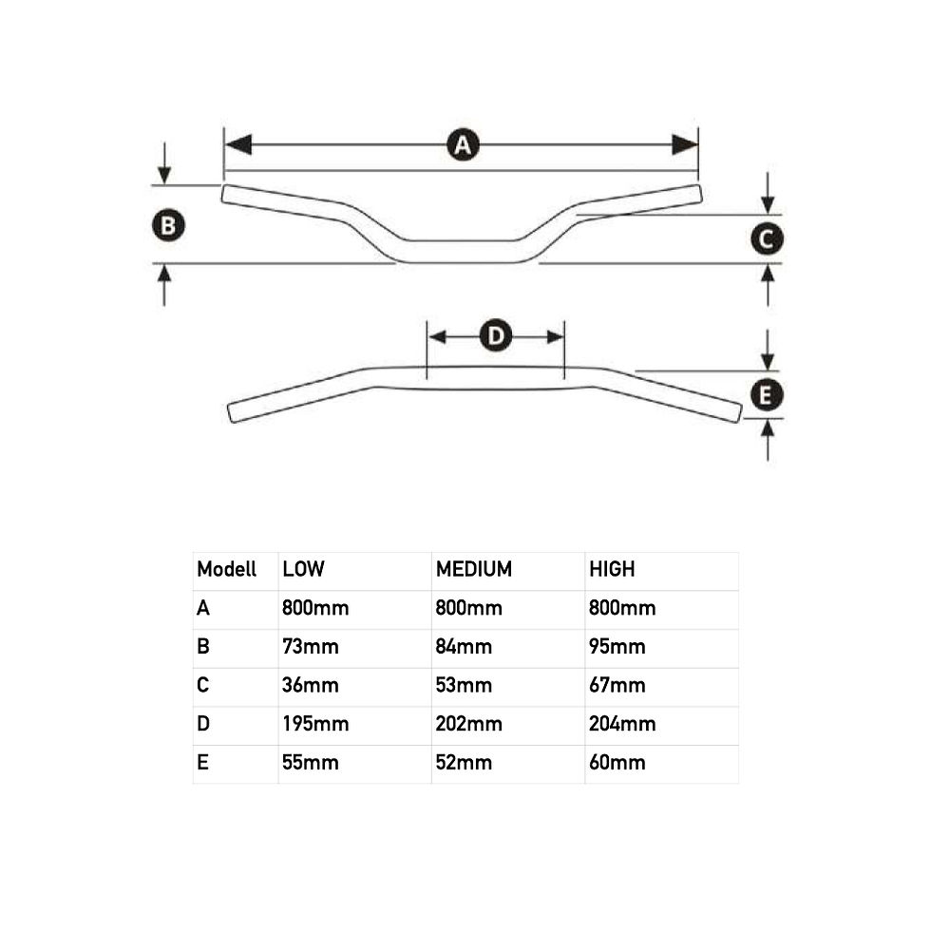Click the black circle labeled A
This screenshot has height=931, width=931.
tap(463, 144)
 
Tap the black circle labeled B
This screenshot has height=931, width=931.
tap(169, 226)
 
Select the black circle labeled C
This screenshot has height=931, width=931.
tap(767, 238)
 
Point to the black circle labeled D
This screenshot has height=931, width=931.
tap(496, 336)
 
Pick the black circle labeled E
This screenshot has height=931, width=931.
tap(767, 395)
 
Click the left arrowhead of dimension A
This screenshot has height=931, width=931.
tap(238, 144)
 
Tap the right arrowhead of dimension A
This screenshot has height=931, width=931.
tap(685, 144)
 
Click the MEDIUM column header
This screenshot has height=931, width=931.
tap(473, 569)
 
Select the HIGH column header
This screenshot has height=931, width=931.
tap(612, 569)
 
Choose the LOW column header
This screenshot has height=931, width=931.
tap(303, 569)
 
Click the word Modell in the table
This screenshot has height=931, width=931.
tap(226, 569)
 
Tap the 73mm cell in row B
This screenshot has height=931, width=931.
tap(310, 646)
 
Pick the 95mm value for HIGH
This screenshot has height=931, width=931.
tap(617, 646)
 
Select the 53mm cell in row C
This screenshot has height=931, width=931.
tap(464, 685)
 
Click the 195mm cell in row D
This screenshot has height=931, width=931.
tap(315, 723)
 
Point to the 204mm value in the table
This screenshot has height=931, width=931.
tap(622, 723)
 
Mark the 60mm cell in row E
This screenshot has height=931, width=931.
tap(617, 762)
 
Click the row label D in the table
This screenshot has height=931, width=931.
tap(203, 723)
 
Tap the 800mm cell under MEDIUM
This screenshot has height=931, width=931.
tap(468, 607)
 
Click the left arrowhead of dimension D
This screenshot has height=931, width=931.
tap(437, 336)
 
